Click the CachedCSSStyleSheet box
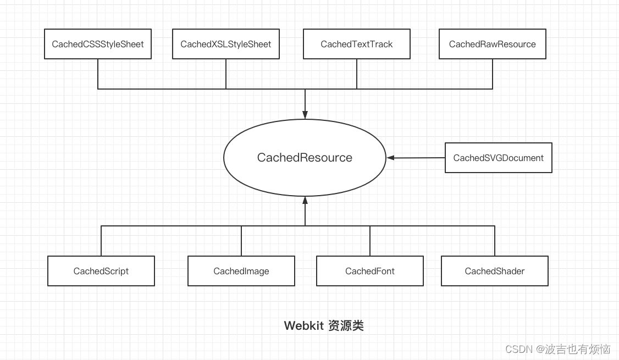click(98, 44)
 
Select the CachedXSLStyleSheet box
click(226, 44)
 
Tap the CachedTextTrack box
click(357, 44)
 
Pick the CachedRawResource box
click(493, 44)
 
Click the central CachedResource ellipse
click(305, 158)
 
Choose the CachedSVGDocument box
click(498, 158)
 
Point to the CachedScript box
click(101, 271)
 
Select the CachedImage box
click(241, 271)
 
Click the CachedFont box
click(370, 271)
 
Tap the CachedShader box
click(495, 271)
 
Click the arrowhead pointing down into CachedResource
click(305, 114)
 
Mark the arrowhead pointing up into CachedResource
click(305, 201)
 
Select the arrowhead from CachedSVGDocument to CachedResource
click(391, 158)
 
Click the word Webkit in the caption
click(303, 326)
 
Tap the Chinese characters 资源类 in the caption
click(346, 326)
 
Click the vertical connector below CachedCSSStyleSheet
click(98, 74)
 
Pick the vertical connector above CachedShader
click(495, 241)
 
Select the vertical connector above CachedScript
click(101, 241)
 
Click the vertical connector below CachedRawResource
click(493, 74)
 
